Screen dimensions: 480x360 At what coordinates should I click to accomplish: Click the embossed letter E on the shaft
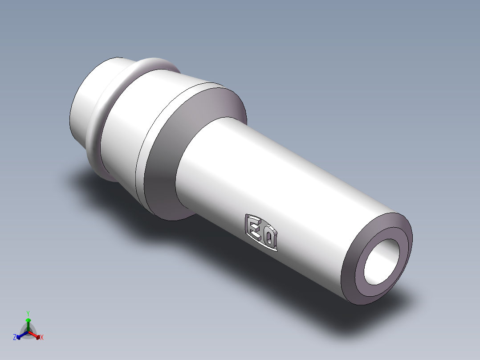(255, 227)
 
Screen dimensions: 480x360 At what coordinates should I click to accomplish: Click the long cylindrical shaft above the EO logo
(276, 172)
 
